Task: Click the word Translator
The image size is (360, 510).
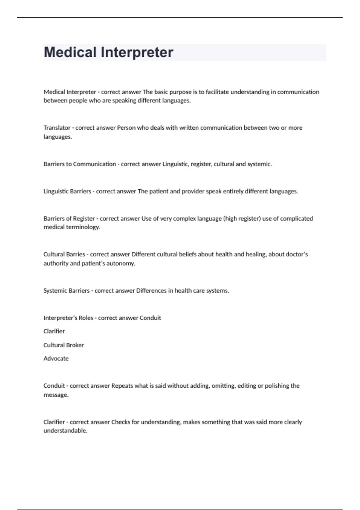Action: click(57, 128)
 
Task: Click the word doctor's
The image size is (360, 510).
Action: click(296, 254)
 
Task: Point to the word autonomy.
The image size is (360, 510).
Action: click(121, 263)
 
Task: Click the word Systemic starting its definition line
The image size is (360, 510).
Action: click(55, 291)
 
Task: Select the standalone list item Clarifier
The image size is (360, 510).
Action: click(54, 331)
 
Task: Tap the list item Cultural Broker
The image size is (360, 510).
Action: click(64, 345)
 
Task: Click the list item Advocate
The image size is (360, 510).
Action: click(56, 358)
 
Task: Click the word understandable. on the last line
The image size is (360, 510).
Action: click(65, 431)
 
